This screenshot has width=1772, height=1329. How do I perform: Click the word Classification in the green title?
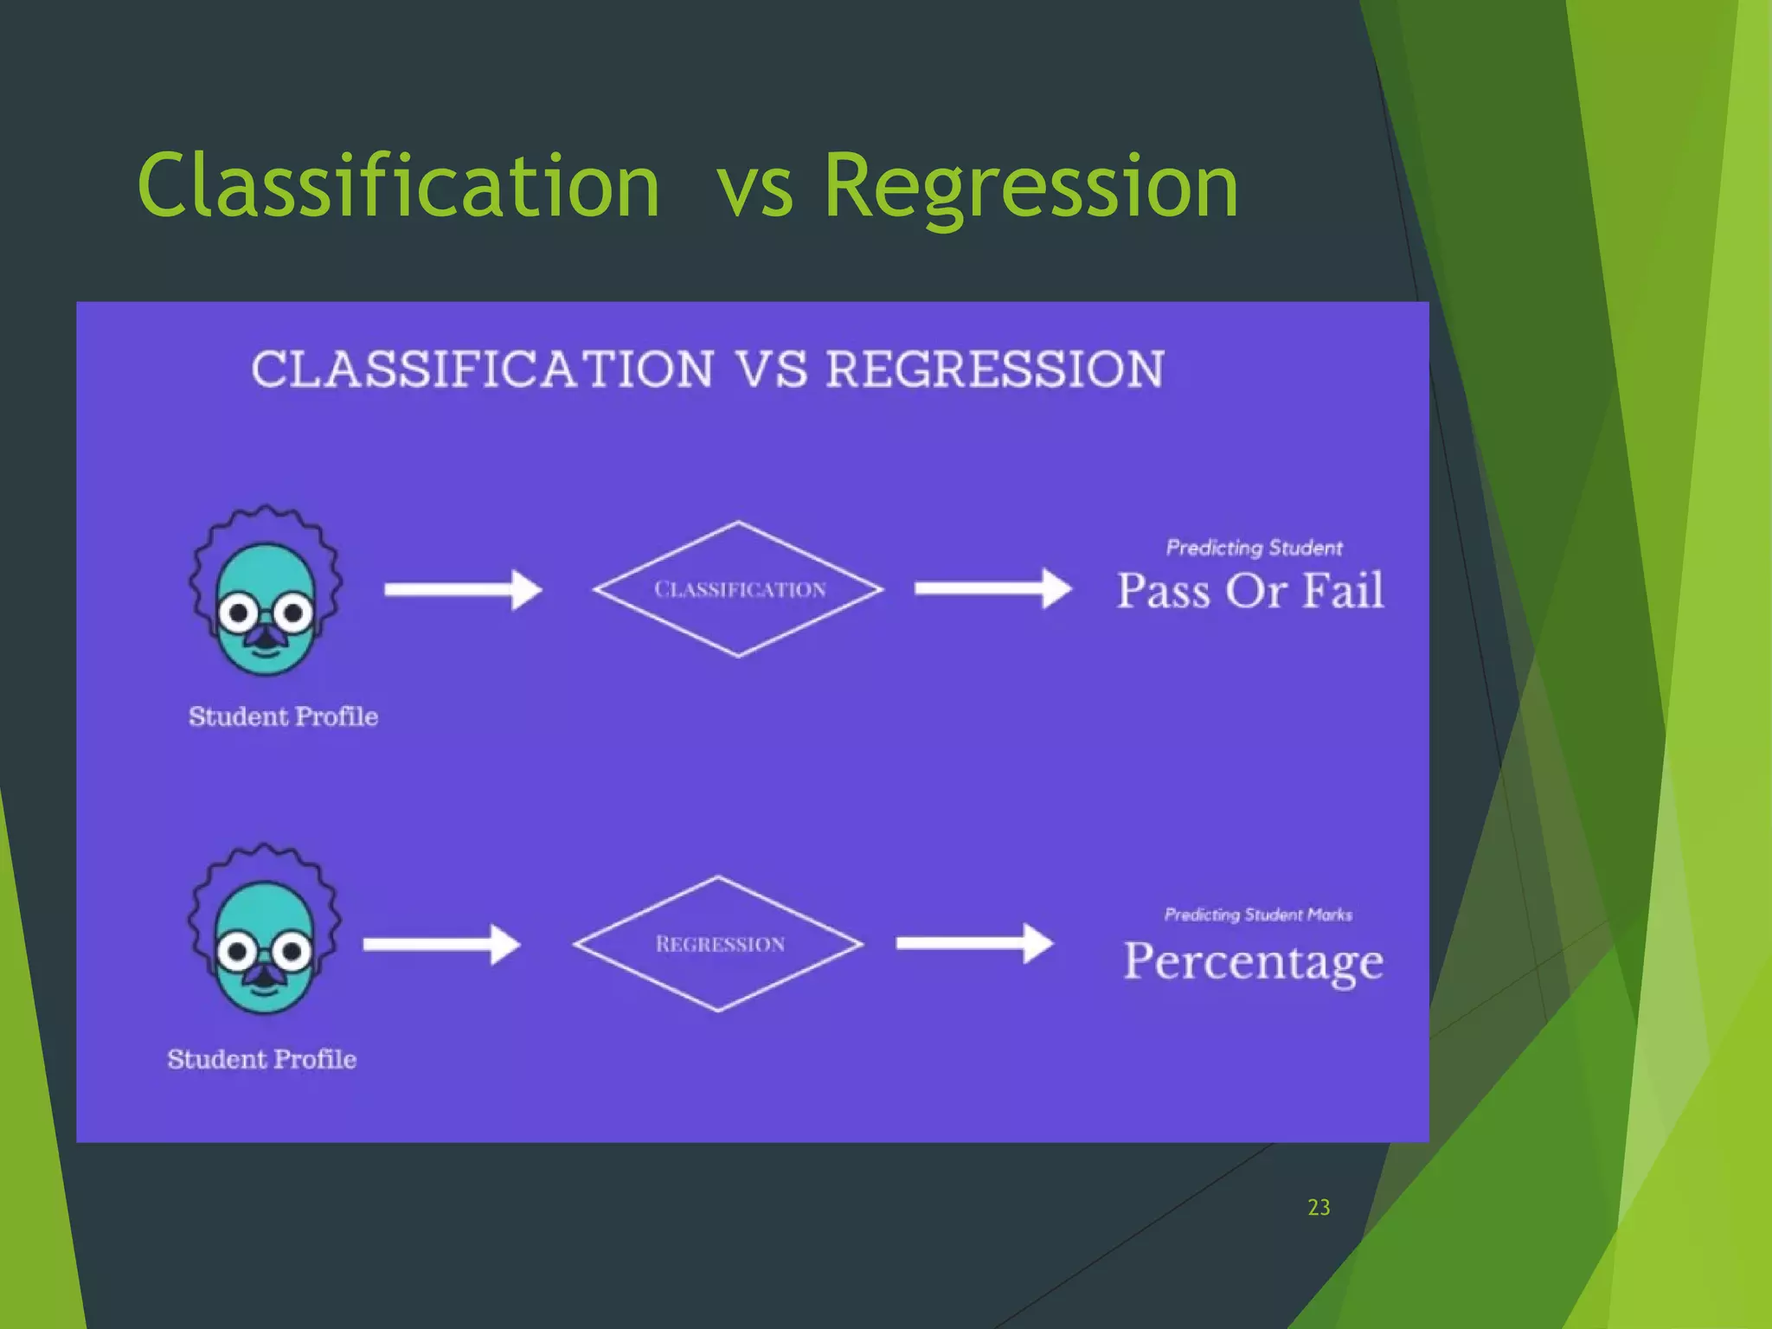(x=398, y=186)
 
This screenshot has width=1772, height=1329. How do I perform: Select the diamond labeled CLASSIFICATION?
(x=738, y=589)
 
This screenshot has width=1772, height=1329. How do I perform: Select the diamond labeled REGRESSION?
(x=718, y=944)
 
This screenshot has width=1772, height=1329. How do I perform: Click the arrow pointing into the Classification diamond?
(x=463, y=590)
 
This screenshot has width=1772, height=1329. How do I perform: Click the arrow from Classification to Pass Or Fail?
(x=992, y=589)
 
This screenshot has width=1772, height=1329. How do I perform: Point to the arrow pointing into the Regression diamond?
(x=441, y=944)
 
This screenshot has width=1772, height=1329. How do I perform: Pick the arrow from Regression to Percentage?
(x=974, y=943)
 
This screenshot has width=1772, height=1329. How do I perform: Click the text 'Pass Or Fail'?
(x=1250, y=591)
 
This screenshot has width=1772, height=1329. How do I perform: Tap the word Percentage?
(x=1253, y=962)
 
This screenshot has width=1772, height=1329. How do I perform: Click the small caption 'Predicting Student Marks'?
(x=1257, y=915)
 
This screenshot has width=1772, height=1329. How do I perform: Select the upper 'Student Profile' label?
(x=283, y=716)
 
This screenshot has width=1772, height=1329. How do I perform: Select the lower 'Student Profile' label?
(x=261, y=1059)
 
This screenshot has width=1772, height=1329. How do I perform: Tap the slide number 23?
(x=1319, y=1207)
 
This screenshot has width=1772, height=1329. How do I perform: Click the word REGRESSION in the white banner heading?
(x=995, y=369)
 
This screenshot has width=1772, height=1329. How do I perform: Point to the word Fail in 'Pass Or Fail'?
(x=1343, y=591)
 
